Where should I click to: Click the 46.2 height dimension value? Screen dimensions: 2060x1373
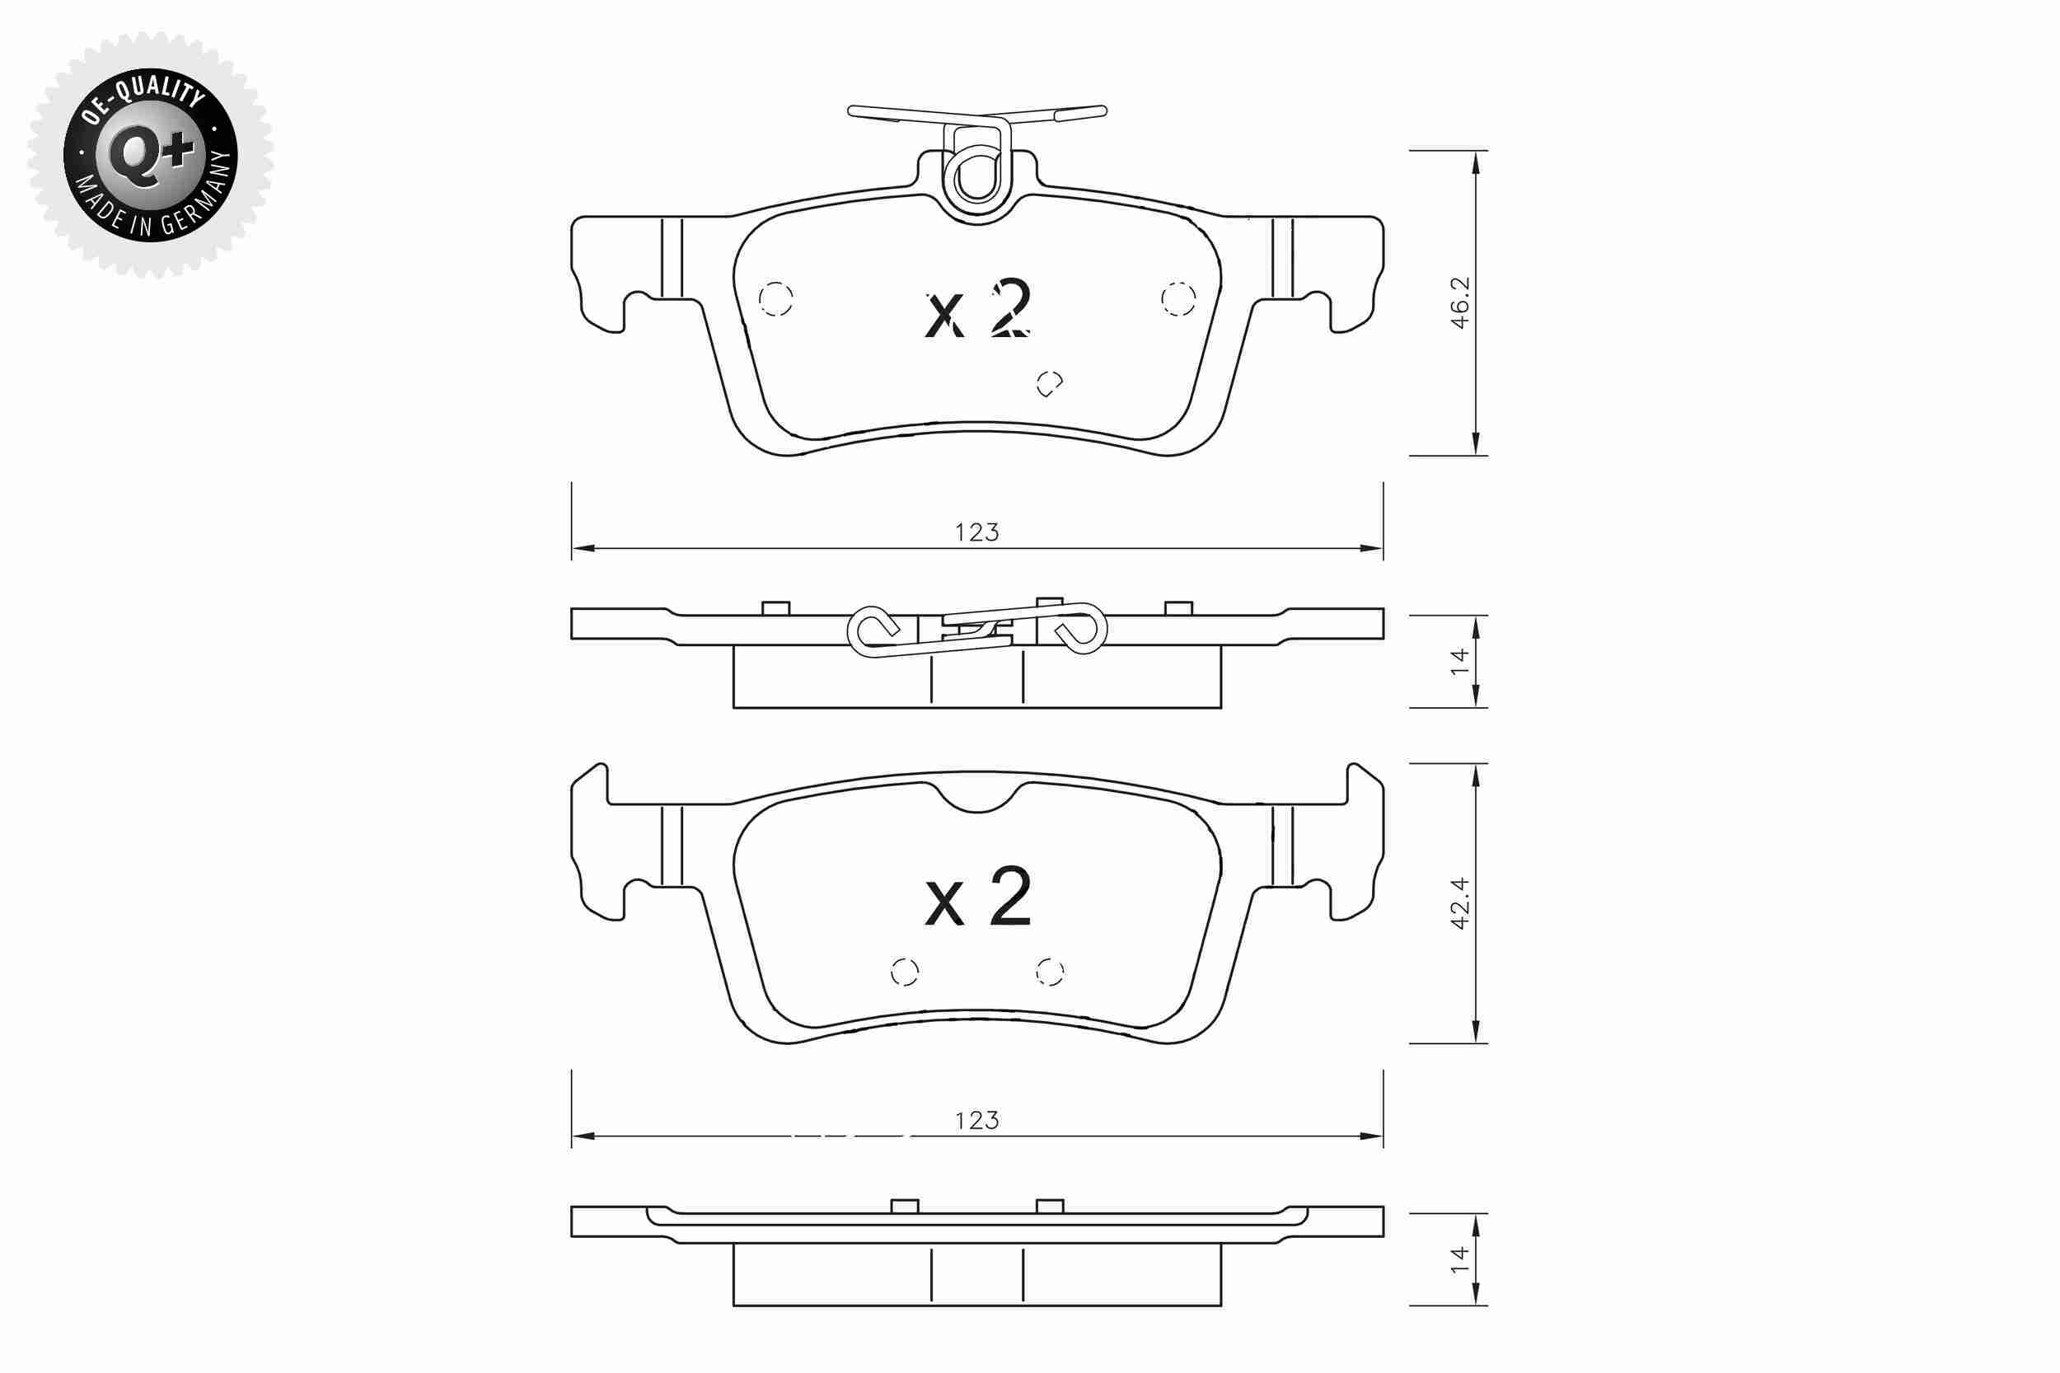(x=1459, y=303)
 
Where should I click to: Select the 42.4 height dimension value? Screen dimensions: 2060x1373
(x=1459, y=902)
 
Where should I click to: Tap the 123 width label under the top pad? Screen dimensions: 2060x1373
(x=977, y=532)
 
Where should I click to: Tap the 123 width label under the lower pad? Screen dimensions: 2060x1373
(x=977, y=1120)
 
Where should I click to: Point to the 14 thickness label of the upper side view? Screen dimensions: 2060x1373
(x=1459, y=661)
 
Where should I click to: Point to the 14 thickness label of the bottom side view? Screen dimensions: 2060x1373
(x=1459, y=1260)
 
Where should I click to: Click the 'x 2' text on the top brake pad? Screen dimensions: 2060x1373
(x=978, y=309)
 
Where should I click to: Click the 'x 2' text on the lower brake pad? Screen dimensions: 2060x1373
(x=978, y=897)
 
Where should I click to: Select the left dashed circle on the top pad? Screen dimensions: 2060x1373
(x=775, y=299)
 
